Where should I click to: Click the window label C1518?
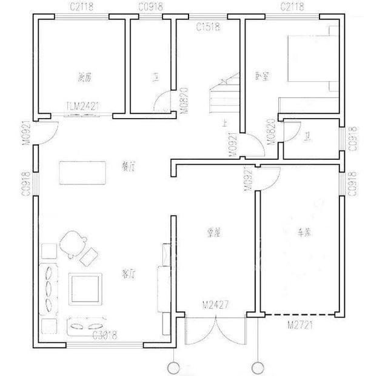(207, 27)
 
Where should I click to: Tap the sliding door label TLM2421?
(82, 107)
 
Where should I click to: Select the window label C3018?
(104, 335)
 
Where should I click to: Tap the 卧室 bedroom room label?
(263, 76)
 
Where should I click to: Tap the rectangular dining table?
(81, 172)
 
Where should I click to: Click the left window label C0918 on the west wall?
(26, 181)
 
